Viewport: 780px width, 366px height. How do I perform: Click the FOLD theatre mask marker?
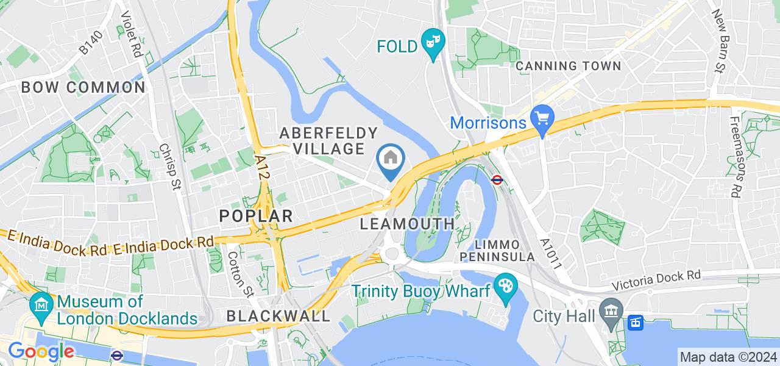[433, 43]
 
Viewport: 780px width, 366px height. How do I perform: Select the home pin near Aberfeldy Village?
[391, 159]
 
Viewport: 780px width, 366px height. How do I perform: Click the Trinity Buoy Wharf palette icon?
[505, 284]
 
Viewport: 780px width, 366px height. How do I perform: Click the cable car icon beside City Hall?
[635, 321]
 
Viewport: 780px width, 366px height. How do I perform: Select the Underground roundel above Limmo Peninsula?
[497, 180]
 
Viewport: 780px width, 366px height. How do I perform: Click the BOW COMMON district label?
[83, 87]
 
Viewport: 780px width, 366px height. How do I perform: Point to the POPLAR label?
[256, 215]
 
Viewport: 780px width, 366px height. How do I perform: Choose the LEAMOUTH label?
[407, 224]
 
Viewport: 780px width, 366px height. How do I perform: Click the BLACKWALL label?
[278, 316]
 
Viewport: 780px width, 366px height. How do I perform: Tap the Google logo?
[40, 352]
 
